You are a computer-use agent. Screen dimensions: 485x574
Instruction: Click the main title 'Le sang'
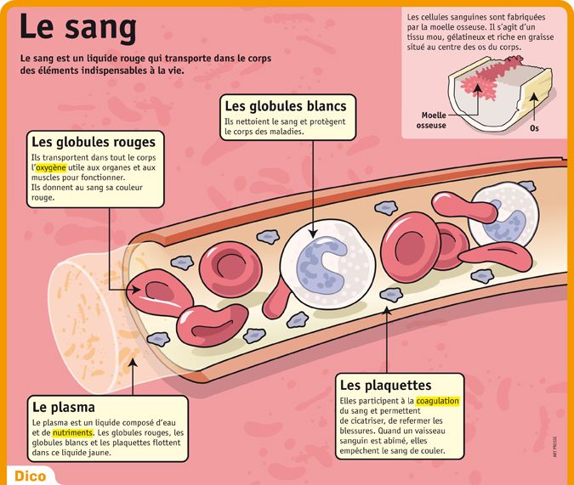click(78, 28)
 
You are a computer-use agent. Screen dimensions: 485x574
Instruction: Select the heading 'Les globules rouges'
click(93, 142)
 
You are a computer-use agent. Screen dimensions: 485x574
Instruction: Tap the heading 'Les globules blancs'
click(285, 106)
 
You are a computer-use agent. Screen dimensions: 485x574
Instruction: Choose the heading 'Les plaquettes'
click(384, 385)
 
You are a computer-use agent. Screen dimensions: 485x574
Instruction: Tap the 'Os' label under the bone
click(534, 128)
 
